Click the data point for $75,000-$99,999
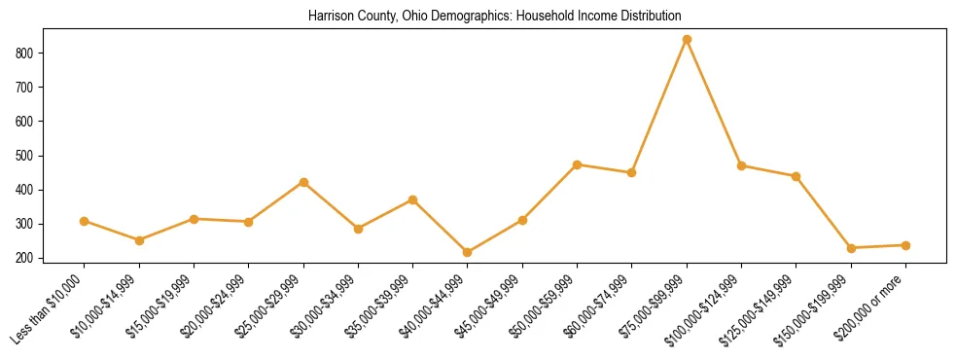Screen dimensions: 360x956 click(687, 39)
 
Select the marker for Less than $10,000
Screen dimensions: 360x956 click(85, 221)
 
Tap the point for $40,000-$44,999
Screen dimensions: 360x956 click(468, 252)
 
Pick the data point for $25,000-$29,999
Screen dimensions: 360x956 click(303, 182)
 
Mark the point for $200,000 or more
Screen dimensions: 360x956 click(905, 245)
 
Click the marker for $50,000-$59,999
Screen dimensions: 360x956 click(578, 164)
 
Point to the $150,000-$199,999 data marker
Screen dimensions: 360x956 click(851, 248)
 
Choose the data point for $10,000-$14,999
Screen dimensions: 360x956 click(139, 240)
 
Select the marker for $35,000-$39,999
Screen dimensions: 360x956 click(413, 199)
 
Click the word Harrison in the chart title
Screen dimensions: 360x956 click(328, 17)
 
